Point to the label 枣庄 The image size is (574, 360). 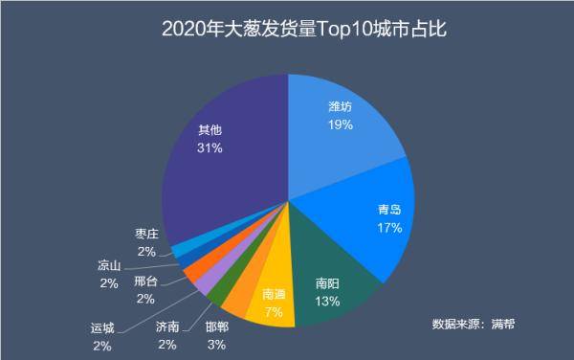tap(146, 234)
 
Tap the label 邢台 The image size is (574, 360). tap(146, 281)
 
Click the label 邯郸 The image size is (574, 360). tap(216, 326)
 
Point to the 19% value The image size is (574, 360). tap(340, 124)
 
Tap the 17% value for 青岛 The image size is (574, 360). tap(388, 227)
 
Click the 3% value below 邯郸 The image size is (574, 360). tap(216, 344)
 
